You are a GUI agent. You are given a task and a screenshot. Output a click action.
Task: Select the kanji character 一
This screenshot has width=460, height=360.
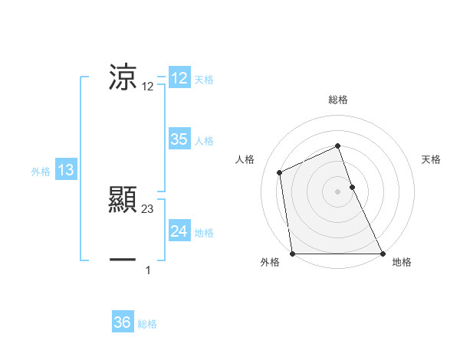click(123, 260)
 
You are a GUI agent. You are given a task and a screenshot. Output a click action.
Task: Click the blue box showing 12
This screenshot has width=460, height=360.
click(179, 78)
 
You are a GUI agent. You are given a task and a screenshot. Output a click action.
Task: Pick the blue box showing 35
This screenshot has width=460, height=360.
click(179, 139)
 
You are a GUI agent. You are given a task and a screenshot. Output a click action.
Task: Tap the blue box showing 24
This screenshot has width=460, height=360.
click(179, 231)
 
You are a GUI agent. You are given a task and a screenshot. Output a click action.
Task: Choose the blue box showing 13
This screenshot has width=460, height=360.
click(66, 170)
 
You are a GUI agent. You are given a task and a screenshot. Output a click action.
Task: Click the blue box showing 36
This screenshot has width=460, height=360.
click(123, 322)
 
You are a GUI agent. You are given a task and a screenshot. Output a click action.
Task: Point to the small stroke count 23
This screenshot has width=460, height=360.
click(148, 208)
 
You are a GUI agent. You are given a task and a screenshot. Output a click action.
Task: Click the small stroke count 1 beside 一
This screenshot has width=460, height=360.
click(148, 270)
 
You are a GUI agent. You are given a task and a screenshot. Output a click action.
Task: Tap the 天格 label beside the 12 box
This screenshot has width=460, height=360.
click(204, 80)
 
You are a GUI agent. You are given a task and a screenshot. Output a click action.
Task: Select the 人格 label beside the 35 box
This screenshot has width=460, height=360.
click(204, 141)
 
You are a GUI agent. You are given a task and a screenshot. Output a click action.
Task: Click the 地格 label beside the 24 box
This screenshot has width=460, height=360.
click(204, 233)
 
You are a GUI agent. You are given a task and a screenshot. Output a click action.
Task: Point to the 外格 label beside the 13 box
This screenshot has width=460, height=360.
click(41, 172)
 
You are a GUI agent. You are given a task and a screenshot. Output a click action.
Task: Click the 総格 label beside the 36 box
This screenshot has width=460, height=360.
click(147, 324)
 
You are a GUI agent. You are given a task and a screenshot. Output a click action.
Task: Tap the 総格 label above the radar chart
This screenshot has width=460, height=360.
click(337, 100)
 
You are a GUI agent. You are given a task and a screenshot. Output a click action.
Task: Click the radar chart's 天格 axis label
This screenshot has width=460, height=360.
click(432, 159)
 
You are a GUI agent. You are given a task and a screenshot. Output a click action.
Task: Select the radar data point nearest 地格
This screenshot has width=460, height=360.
click(382, 254)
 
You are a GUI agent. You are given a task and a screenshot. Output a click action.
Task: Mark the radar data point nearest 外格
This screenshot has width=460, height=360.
click(292, 254)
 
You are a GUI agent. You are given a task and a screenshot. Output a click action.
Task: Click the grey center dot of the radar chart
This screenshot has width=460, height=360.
click(337, 191)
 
